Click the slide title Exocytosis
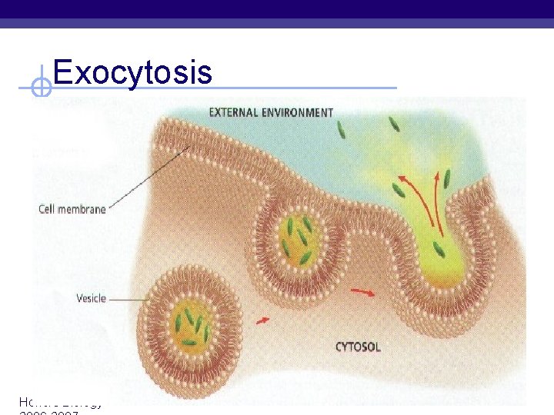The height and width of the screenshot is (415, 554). [x=132, y=72]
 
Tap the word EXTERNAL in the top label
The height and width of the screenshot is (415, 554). [x=235, y=112]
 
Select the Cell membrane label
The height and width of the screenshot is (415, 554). [x=72, y=209]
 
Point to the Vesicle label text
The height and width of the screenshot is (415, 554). [x=91, y=298]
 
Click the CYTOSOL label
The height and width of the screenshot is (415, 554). [x=357, y=347]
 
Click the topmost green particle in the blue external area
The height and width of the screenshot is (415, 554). [x=341, y=131]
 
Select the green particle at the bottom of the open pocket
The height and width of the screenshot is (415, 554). [x=438, y=248]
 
